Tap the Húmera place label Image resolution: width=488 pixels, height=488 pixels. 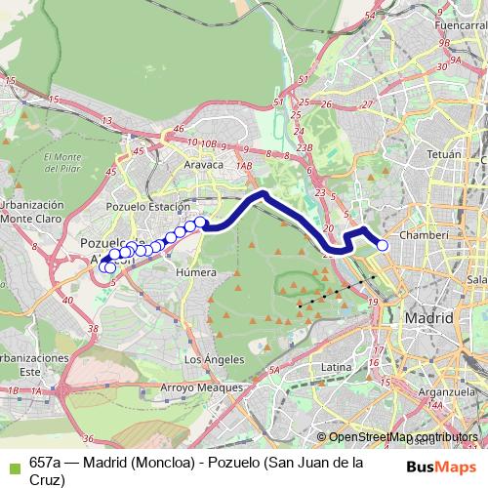tap(194, 272)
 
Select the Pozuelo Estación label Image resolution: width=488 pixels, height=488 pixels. tap(147, 208)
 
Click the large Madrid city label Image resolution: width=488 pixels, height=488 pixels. tap(429, 318)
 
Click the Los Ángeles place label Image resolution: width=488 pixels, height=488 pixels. tap(213, 359)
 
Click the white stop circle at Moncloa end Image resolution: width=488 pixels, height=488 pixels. tap(383, 246)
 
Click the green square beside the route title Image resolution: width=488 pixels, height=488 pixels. tap(10, 464)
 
